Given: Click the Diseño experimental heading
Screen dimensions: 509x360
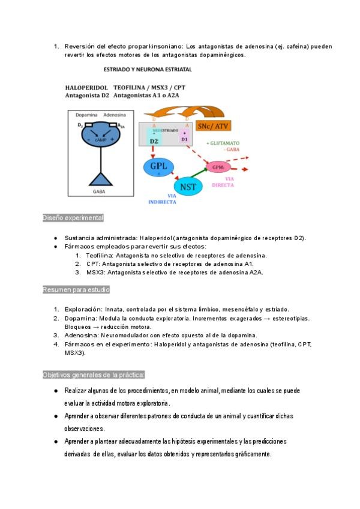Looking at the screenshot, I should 73,218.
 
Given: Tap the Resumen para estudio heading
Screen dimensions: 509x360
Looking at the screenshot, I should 76,290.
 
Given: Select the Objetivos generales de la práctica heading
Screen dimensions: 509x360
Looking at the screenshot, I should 94,375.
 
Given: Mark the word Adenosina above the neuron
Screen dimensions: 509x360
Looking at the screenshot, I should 114,114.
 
